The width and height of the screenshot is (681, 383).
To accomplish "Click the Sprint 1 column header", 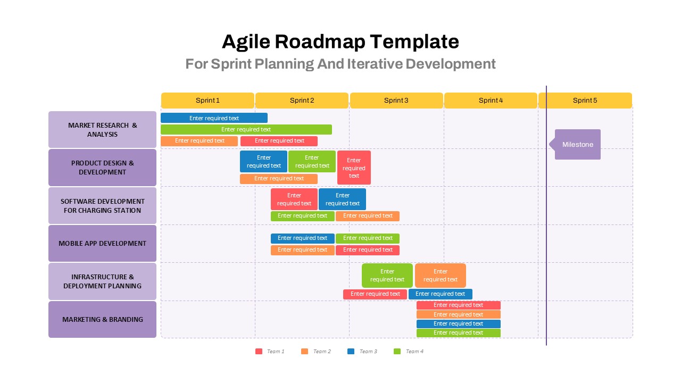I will [x=207, y=101].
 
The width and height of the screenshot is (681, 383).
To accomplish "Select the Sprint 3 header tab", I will [x=396, y=101].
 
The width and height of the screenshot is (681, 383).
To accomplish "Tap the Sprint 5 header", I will [x=585, y=101].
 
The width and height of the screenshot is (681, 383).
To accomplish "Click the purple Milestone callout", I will [x=578, y=144].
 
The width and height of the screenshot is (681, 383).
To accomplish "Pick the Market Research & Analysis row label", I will [x=102, y=130].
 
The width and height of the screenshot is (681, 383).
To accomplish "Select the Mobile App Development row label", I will [x=102, y=243].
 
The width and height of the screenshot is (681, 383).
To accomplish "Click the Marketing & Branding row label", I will [x=102, y=319].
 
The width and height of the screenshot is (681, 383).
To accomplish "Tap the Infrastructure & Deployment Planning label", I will [x=102, y=281].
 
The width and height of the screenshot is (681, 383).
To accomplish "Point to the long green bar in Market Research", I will [x=246, y=129].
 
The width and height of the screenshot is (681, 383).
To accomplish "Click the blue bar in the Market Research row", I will [x=214, y=118].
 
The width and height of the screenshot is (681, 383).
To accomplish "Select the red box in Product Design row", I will [x=354, y=168].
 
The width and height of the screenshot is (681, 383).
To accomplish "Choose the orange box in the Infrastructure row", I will [x=440, y=276].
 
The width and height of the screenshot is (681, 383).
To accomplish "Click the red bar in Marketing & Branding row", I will [x=458, y=305].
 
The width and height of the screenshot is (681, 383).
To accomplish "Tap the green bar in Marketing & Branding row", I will [x=458, y=333].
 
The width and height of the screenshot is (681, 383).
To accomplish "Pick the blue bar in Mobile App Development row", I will [x=302, y=238].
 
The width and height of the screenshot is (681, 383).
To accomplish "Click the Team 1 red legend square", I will [x=259, y=351].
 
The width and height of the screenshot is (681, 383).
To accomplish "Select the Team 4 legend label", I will [x=414, y=351].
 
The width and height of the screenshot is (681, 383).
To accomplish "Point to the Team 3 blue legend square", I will [x=351, y=351].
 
